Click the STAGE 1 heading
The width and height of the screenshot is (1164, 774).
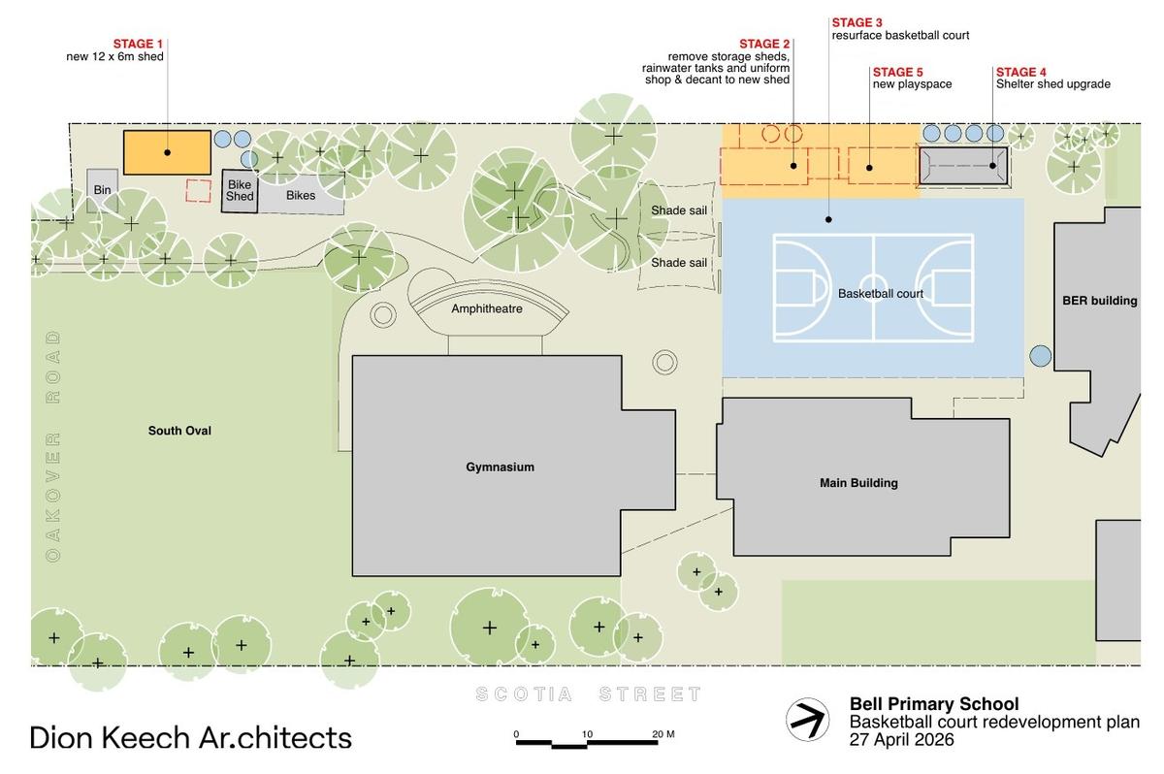pyautogui.click(x=138, y=44)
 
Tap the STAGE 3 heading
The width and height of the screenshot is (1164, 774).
pyautogui.click(x=857, y=22)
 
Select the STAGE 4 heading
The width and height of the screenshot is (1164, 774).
pyautogui.click(x=1021, y=72)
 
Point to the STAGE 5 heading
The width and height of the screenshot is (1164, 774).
pyautogui.click(x=898, y=72)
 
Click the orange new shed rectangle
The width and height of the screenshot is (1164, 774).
pyautogui.click(x=167, y=152)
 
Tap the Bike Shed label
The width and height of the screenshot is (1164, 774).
pyautogui.click(x=240, y=190)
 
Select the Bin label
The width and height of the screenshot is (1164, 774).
pyautogui.click(x=103, y=189)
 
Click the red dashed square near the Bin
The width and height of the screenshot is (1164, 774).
pyautogui.click(x=199, y=191)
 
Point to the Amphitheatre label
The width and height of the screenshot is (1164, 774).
pyautogui.click(x=487, y=308)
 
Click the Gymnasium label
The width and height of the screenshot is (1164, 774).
pyautogui.click(x=500, y=467)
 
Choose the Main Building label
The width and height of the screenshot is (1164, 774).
pyautogui.click(x=859, y=483)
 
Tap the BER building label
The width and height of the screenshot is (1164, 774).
pyautogui.click(x=1100, y=301)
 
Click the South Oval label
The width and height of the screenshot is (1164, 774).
pyautogui.click(x=179, y=431)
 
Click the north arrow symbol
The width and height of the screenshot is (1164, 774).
pyautogui.click(x=807, y=720)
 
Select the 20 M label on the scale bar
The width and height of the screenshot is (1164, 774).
pyautogui.click(x=663, y=734)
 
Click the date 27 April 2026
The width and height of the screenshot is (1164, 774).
pyautogui.click(x=901, y=740)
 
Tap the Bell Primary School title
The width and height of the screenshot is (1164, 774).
pyautogui.click(x=934, y=704)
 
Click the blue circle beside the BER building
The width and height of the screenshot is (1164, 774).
pyautogui.click(x=1041, y=356)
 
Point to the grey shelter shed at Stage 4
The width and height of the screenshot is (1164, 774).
pyautogui.click(x=963, y=166)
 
